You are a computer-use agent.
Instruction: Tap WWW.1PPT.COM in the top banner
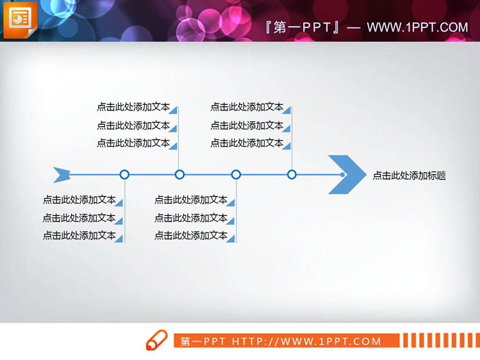(x=417, y=27)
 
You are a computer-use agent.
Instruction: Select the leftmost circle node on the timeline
(x=124, y=175)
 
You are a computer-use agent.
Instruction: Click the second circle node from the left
(x=180, y=175)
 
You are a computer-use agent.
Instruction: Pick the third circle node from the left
(x=236, y=175)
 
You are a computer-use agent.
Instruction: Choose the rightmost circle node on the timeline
(x=291, y=175)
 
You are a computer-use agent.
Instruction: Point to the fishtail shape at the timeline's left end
(x=62, y=175)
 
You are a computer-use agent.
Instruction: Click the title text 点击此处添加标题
(x=409, y=176)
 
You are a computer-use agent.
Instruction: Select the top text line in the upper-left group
(x=133, y=107)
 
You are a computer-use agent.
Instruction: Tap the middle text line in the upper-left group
(x=133, y=125)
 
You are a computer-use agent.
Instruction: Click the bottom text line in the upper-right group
(x=247, y=143)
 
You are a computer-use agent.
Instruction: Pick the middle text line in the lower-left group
(x=79, y=218)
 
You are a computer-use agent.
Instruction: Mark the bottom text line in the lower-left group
(x=79, y=235)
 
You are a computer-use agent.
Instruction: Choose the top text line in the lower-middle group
(x=191, y=200)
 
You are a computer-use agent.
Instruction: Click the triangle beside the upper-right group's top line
(x=288, y=109)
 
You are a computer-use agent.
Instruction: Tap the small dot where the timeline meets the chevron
(x=342, y=175)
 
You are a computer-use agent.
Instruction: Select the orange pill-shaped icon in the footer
(x=156, y=340)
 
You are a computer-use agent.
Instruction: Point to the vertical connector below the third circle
(x=236, y=213)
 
